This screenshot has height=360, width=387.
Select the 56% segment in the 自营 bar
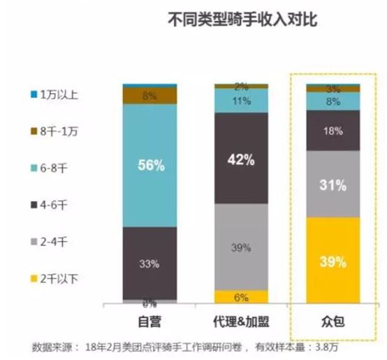[150, 166]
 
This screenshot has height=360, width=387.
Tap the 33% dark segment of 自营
[150, 263]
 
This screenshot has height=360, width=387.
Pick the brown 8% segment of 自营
[150, 95]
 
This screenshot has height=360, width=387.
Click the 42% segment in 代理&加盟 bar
[241, 158]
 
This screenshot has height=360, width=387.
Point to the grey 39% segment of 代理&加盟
[241, 246]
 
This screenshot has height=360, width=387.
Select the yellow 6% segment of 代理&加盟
[241, 297]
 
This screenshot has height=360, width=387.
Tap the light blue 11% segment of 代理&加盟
[241, 101]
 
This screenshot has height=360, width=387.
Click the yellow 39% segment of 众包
[333, 261]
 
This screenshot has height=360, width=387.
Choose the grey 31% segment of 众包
[333, 185]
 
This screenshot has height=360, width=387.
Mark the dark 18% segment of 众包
[333, 130]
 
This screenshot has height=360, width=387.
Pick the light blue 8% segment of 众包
[333, 101]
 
